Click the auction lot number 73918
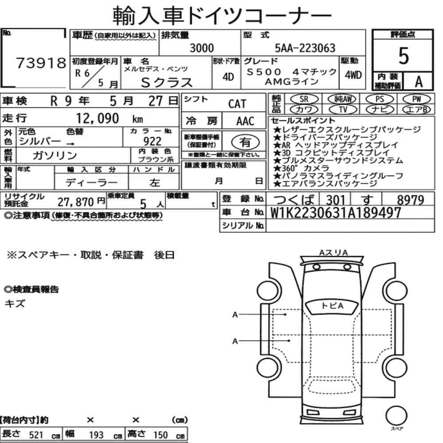click(41, 63)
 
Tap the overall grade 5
click(404, 56)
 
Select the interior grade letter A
click(419, 82)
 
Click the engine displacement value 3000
click(202, 48)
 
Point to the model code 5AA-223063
click(305, 48)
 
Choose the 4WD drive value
click(353, 75)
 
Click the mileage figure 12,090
click(97, 118)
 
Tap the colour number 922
click(152, 141)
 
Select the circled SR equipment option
click(304, 99)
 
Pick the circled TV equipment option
click(343, 109)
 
